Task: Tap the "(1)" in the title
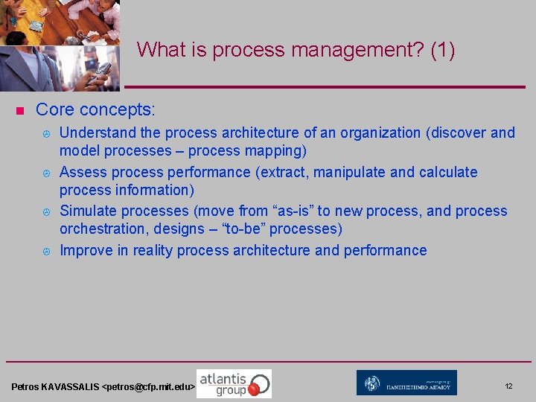pos(442,51)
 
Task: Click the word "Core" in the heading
pos(54,110)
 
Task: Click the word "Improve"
pos(86,251)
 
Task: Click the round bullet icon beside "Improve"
pos(46,252)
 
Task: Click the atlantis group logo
pos(234,383)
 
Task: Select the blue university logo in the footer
pos(406,383)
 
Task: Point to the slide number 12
pos(508,386)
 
